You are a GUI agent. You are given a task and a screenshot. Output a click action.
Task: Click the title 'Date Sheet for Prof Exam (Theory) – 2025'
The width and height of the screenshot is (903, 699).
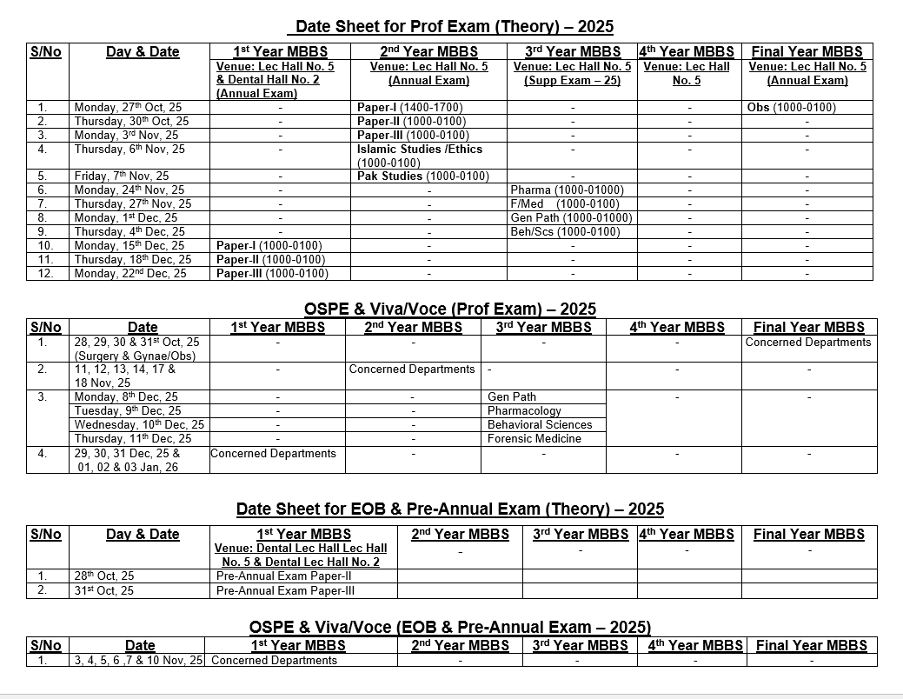point(455,27)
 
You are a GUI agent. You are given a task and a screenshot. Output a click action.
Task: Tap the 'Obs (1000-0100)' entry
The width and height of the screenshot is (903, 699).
point(791,108)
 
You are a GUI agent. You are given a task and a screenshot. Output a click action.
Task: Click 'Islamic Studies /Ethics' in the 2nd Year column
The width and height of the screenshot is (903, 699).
point(420,150)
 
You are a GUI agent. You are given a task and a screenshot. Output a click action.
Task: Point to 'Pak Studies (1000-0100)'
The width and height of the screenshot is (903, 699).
point(423,176)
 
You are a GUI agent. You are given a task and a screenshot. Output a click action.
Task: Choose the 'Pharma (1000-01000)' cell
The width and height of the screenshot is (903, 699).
point(568,190)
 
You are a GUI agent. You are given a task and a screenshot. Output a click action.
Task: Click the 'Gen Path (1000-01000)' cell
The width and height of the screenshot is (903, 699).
point(571,218)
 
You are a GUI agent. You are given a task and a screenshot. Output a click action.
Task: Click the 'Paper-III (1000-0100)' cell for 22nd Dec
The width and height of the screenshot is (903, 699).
point(272,274)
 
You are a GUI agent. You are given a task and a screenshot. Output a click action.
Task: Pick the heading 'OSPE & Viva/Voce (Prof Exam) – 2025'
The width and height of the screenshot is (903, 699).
point(450,310)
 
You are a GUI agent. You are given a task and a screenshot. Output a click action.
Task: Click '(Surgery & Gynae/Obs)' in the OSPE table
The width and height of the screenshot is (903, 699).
point(136,356)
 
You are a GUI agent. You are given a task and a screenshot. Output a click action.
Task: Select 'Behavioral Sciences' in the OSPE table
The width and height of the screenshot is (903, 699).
point(540,425)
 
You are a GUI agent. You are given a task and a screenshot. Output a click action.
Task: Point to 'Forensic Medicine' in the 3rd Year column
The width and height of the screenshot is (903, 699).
point(534,439)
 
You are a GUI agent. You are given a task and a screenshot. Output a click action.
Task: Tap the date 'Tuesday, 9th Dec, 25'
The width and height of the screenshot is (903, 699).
point(128,411)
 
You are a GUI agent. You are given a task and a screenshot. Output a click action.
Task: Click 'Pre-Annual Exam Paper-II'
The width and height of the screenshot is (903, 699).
point(283,576)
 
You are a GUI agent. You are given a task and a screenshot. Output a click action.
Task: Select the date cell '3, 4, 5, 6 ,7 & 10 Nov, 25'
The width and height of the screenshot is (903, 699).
point(139,661)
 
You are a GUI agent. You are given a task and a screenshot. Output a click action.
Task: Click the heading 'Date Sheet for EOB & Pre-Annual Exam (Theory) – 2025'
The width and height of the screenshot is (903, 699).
point(450,509)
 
